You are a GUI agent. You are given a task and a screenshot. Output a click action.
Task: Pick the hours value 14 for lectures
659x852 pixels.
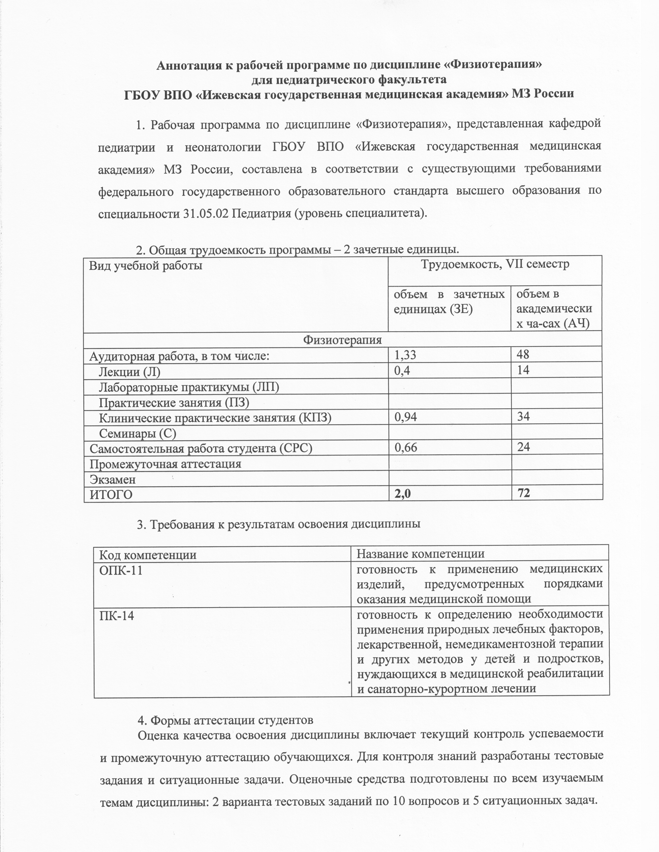click(x=523, y=370)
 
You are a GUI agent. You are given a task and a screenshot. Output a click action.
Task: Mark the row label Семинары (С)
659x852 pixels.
click(x=137, y=433)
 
